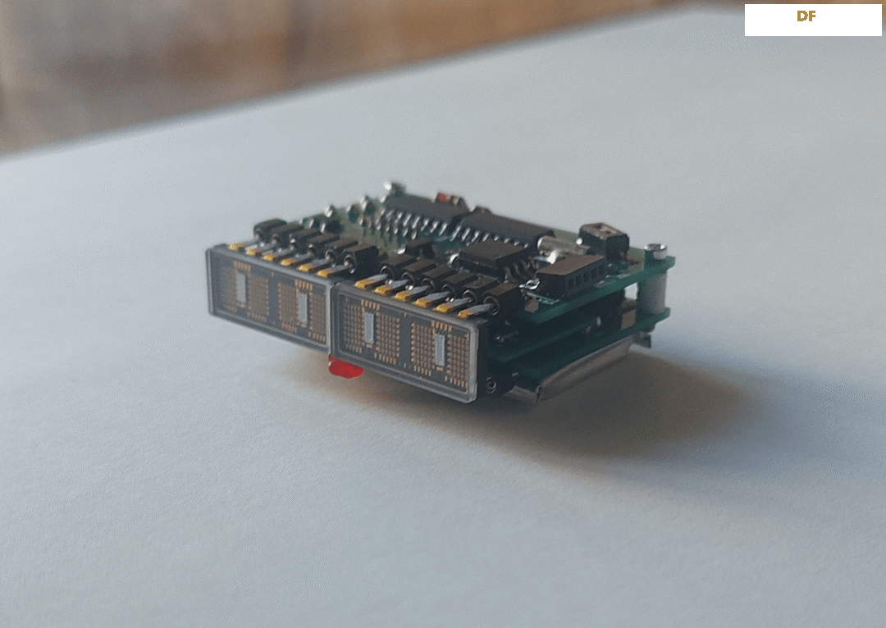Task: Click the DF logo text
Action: pyautogui.click(x=806, y=16)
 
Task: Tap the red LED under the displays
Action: pyautogui.click(x=346, y=369)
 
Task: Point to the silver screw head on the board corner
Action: pyautogui.click(x=655, y=249)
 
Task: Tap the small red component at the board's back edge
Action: pyautogui.click(x=441, y=198)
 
